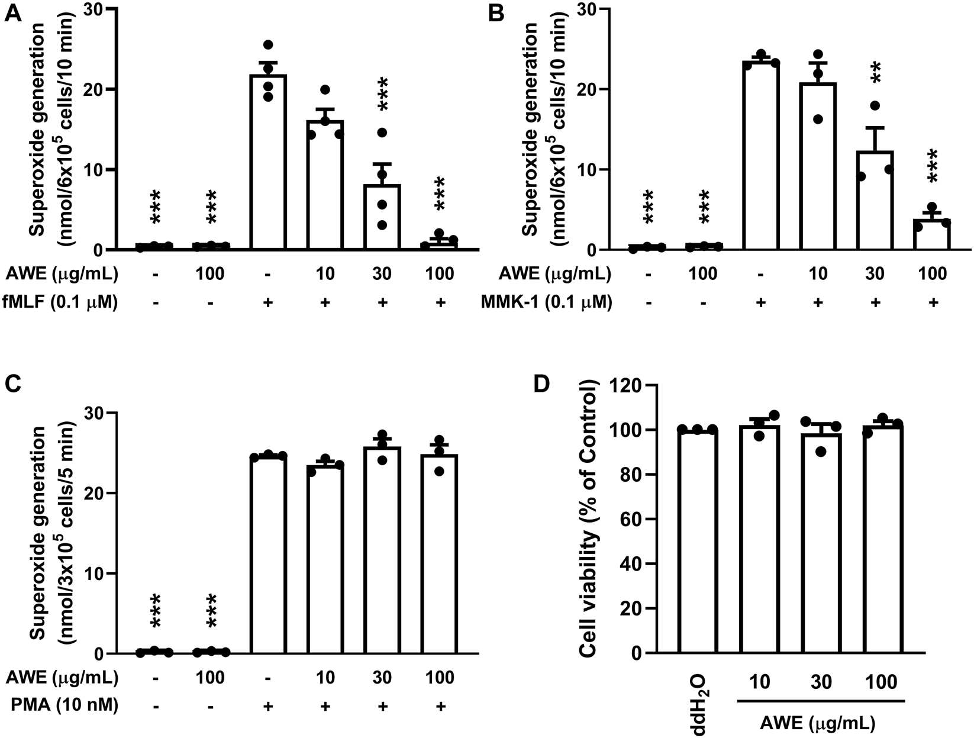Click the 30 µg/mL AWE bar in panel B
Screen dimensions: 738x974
(875, 201)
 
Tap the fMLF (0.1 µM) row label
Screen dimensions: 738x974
(62, 302)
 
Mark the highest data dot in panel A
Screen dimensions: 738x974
(268, 45)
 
